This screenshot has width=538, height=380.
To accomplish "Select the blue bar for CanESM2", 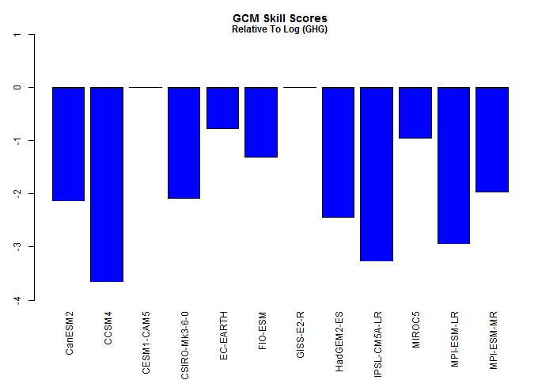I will [x=68, y=143].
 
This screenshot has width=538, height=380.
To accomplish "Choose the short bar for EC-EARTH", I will [x=222, y=108].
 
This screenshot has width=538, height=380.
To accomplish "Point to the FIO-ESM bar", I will [x=261, y=122].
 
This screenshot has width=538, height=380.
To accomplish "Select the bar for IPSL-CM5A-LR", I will [x=377, y=173].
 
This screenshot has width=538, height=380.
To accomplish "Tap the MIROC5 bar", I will [x=415, y=112].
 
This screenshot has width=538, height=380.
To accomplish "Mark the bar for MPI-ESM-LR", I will [x=453, y=165].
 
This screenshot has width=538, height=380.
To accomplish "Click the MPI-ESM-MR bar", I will [x=492, y=139].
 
